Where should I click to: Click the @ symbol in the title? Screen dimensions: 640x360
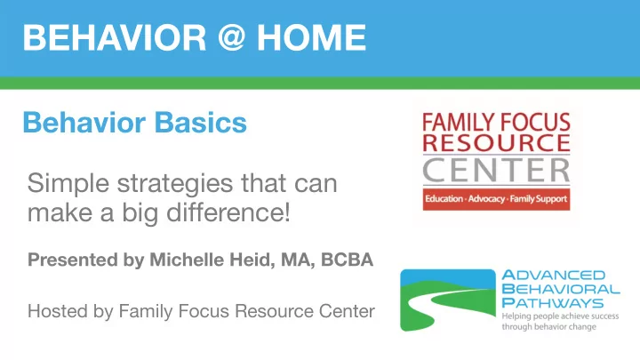pyautogui.click(x=231, y=36)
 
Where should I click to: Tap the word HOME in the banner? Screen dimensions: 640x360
pyautogui.click(x=311, y=37)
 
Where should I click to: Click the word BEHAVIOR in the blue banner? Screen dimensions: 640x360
pyautogui.click(x=115, y=37)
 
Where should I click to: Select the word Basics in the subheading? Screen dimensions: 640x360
pyautogui.click(x=200, y=123)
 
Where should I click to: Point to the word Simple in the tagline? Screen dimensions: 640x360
pyautogui.click(x=68, y=184)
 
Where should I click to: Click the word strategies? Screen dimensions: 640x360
pyautogui.click(x=175, y=184)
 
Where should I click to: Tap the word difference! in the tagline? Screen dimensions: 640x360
pyautogui.click(x=228, y=212)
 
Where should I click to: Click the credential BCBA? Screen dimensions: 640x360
pyautogui.click(x=347, y=260)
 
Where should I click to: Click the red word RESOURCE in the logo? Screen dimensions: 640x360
pyautogui.click(x=496, y=142)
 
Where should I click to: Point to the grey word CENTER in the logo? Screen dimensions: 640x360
pyautogui.click(x=496, y=171)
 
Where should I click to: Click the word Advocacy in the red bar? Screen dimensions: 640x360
pyautogui.click(x=486, y=199)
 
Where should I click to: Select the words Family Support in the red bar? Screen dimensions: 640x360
pyautogui.click(x=539, y=199)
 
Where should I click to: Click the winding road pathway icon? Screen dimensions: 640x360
pyautogui.click(x=448, y=300)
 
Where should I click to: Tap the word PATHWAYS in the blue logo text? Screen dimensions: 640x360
pyautogui.click(x=552, y=303)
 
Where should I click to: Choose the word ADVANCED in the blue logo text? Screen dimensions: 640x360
pyautogui.click(x=553, y=275)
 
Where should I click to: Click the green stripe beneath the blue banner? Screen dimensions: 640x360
pyautogui.click(x=320, y=84)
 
